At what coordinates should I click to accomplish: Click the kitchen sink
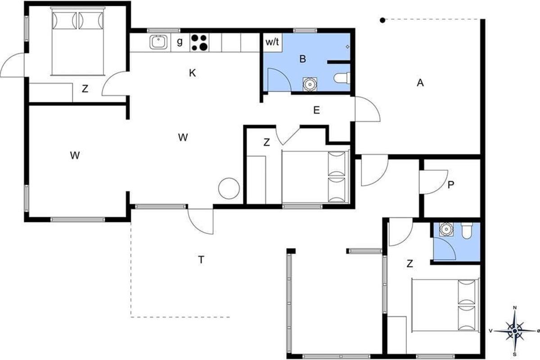pos(158,42)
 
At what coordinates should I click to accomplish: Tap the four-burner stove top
pos(199,43)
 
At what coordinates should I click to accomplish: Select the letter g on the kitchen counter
pos(180,42)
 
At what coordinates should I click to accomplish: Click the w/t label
pos(272,42)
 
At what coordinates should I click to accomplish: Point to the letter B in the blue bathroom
pos(302,59)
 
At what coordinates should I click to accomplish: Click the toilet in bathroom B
pos(342,78)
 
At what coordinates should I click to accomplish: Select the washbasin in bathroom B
pos(310,84)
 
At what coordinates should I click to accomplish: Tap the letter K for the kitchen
pos(193,73)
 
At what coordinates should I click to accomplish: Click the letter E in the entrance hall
pos(316,110)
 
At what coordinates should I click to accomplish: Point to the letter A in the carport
pos(420,83)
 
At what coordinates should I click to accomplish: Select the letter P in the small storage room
pos(451,184)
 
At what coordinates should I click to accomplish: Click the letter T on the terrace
pos(201,260)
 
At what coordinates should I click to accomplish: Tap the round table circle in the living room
pos(229,188)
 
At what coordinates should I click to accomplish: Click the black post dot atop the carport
pos(382,21)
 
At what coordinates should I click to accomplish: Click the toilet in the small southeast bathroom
pos(467,230)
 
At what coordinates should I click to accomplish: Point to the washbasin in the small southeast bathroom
pos(446,229)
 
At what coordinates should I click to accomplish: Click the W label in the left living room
pos(75,156)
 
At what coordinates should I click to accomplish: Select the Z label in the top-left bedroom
pos(85,89)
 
